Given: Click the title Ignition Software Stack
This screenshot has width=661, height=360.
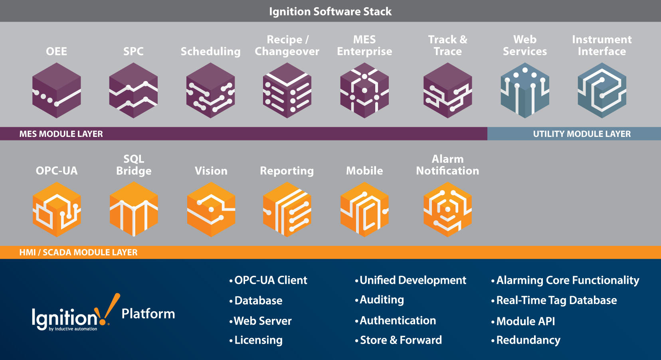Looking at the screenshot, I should coord(330,11).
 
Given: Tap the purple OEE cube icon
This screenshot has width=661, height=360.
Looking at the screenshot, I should coord(56,90).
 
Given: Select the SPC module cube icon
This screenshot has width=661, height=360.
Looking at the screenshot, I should coord(133,90).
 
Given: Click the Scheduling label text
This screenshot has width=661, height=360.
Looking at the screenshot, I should coord(210,51).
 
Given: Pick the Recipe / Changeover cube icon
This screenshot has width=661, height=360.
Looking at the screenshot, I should coord(287,90).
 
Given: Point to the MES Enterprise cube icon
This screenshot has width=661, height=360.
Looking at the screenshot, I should coord(364,90).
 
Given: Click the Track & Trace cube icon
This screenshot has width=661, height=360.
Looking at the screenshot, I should coord(447,90).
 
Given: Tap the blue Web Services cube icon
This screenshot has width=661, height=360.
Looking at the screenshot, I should coord(525,90).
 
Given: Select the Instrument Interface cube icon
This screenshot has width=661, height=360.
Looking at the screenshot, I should coord(602,90).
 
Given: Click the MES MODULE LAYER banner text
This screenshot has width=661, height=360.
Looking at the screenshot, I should coord(61,134).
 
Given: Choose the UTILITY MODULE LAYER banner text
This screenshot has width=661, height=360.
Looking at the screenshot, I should coord(582,134).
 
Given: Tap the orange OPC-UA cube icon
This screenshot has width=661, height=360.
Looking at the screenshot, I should coord(56,210).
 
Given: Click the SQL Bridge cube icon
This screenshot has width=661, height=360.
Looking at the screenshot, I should coord(133,210).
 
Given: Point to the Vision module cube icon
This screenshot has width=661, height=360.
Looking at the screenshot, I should coord(211,210).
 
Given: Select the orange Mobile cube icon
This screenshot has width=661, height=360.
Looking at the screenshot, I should coord(364,210).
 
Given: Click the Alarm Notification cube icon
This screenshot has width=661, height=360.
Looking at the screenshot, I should coord(447,210).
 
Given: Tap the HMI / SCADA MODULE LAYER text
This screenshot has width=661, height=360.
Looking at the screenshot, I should coord(78,252).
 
